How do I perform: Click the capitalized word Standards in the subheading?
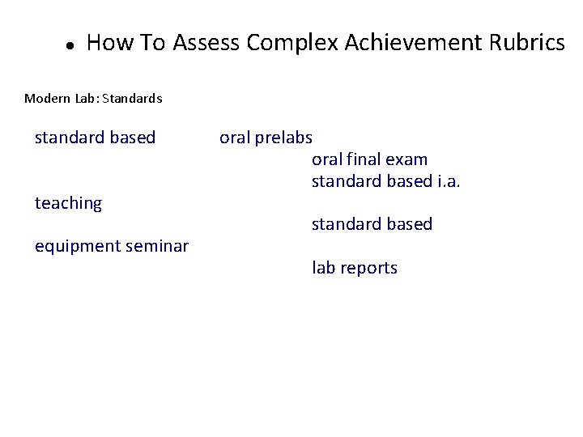tap(134, 99)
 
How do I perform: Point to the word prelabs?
tap(283, 138)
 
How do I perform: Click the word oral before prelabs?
tap(235, 138)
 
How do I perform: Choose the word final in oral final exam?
tap(363, 159)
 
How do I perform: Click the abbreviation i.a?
tap(449, 181)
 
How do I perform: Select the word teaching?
tap(68, 204)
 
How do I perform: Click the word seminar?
tap(159, 245)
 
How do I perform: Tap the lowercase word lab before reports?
tap(324, 268)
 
